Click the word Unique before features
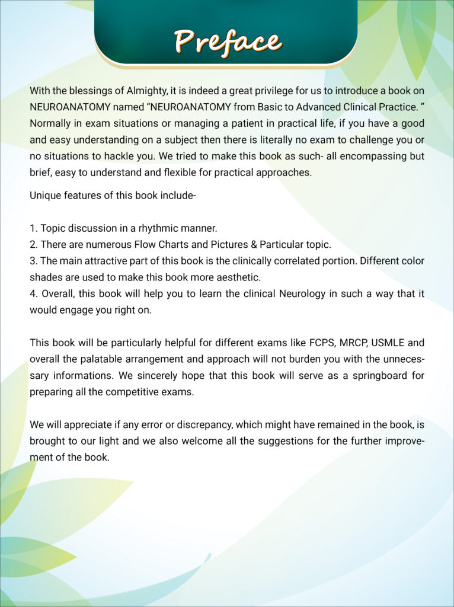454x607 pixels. tap(46, 195)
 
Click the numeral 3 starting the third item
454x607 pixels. tap(33, 260)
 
